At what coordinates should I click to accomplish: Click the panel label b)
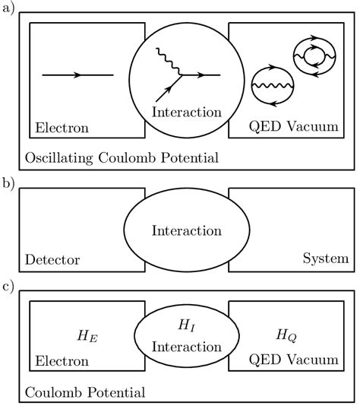tap(8, 182)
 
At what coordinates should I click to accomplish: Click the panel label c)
tap(8, 289)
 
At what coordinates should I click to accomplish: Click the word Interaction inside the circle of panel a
tap(186, 113)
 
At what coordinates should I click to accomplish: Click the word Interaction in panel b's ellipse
tap(186, 230)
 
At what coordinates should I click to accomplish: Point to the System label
tap(325, 259)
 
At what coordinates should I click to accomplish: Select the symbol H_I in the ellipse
tap(186, 324)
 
